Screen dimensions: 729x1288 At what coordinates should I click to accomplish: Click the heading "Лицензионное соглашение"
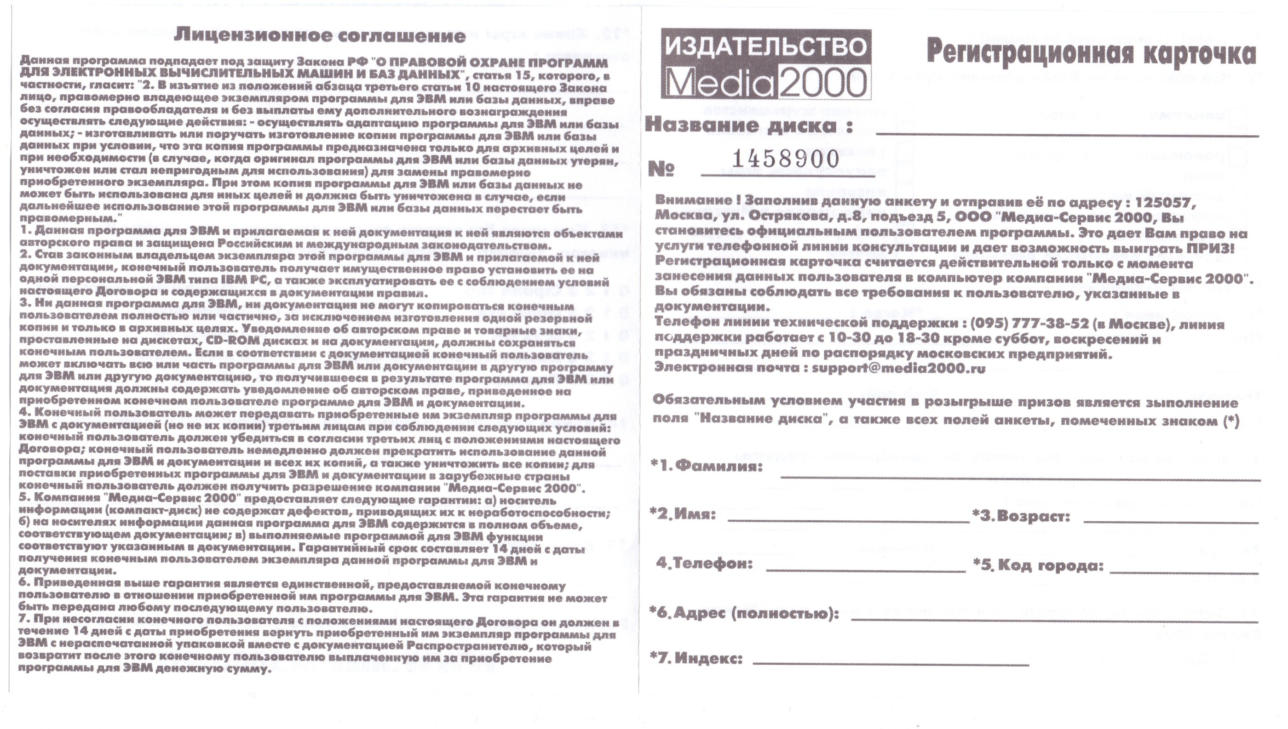click(x=320, y=35)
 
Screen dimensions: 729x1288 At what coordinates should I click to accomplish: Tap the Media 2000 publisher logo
click(x=766, y=64)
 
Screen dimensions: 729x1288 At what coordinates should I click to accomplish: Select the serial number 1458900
click(x=786, y=159)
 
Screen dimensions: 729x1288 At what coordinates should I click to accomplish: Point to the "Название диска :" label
click(x=748, y=125)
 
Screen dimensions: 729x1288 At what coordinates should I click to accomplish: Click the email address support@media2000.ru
click(x=898, y=369)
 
